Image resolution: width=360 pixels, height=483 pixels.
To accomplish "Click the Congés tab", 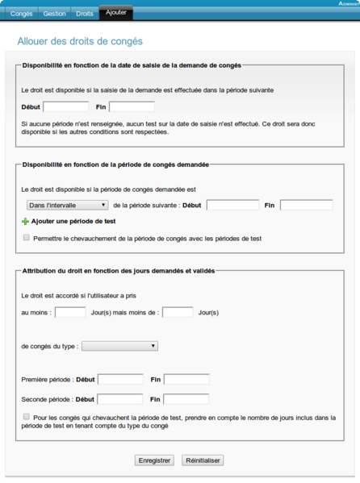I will click(x=22, y=14).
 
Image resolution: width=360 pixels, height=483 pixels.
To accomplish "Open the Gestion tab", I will click(x=55, y=14).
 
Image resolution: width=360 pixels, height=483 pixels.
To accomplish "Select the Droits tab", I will click(x=84, y=14).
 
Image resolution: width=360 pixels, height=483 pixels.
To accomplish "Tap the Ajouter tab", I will click(x=116, y=13).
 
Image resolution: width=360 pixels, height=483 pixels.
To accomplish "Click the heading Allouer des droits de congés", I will click(x=80, y=40).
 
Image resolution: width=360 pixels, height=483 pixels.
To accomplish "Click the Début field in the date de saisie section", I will click(x=66, y=106).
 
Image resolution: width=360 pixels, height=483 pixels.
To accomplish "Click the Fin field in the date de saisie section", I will click(x=132, y=106).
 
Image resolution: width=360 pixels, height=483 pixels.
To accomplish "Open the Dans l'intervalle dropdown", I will click(x=67, y=205).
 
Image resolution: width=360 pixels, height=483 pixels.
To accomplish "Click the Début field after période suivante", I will click(x=232, y=205).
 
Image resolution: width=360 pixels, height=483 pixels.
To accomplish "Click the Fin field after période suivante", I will click(x=306, y=205).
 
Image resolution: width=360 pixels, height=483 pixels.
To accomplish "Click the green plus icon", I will click(x=26, y=221).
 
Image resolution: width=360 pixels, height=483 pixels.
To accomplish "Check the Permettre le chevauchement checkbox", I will click(x=27, y=238).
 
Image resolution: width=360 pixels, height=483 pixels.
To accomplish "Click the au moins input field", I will click(x=70, y=312).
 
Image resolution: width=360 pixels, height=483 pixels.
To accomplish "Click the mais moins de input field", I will click(x=178, y=312).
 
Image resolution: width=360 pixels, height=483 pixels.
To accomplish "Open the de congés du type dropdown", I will click(x=119, y=346).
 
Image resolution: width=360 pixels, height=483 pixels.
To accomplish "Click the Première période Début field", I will click(x=120, y=379).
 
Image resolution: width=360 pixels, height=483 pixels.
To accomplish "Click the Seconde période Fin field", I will click(x=186, y=398).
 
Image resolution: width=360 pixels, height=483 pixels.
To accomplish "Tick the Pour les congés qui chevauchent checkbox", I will click(x=27, y=417).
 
